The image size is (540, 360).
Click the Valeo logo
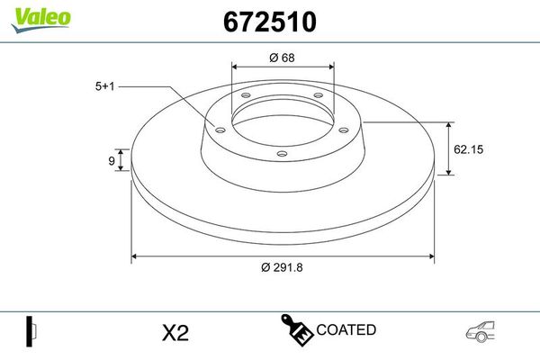(41, 20)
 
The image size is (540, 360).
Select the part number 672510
(270, 22)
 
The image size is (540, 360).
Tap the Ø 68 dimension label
(282, 58)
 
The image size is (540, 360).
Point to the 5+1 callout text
(104, 86)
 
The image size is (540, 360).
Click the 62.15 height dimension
(468, 149)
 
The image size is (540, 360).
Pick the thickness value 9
(112, 160)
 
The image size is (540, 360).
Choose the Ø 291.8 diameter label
(282, 267)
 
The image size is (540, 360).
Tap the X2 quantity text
(175, 333)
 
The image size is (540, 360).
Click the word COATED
(346, 329)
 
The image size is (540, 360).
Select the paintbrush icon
(297, 329)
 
